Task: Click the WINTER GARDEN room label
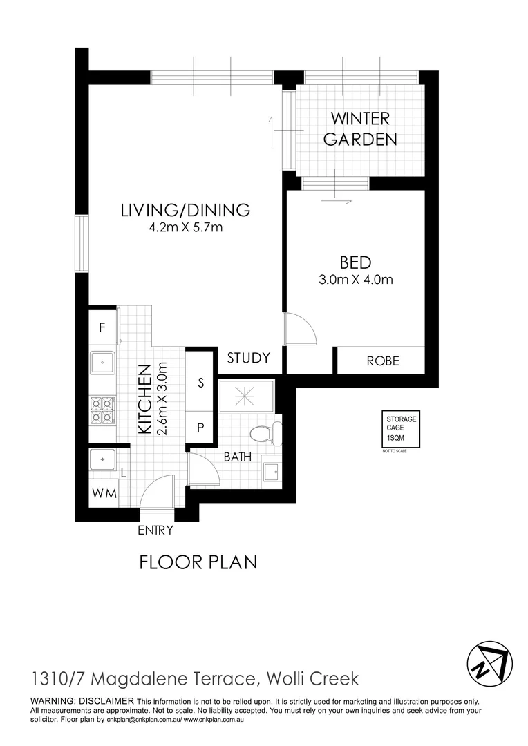tap(360, 128)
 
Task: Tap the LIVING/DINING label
tap(185, 210)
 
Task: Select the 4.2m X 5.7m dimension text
tap(185, 228)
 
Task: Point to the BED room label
tap(355, 262)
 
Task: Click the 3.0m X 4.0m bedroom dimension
tap(355, 280)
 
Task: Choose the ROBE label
tap(383, 361)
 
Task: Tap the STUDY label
tap(248, 358)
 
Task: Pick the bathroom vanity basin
tap(272, 472)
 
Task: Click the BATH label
tap(237, 457)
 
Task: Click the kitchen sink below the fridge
tap(102, 361)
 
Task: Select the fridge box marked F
tap(102, 328)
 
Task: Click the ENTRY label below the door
tap(155, 530)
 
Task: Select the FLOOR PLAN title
tap(198, 562)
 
